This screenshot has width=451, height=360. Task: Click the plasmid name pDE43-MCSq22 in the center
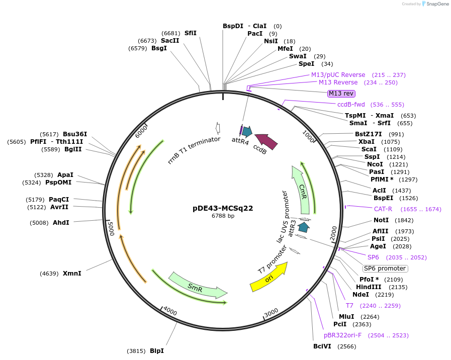pyautogui.click(x=223, y=208)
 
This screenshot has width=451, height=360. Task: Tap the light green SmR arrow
pyautogui.click(x=198, y=286)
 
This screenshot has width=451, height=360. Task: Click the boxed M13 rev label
pyautogui.click(x=341, y=93)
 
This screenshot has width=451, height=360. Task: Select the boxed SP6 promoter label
pyautogui.click(x=385, y=268)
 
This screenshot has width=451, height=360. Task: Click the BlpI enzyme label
pyautogui.click(x=156, y=351)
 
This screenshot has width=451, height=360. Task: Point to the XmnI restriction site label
pyautogui.click(x=72, y=274)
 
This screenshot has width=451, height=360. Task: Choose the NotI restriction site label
pyautogui.click(x=381, y=220)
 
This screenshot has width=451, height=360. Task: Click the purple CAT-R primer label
pyautogui.click(x=383, y=209)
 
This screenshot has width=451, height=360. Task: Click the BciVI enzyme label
pyautogui.click(x=322, y=346)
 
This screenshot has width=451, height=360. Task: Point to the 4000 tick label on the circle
pyautogui.click(x=170, y=312)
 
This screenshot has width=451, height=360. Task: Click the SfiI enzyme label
pyautogui.click(x=191, y=33)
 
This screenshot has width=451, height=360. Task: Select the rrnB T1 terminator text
pyautogui.click(x=194, y=150)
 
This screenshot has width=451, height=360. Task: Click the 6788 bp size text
pyautogui.click(x=223, y=216)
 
